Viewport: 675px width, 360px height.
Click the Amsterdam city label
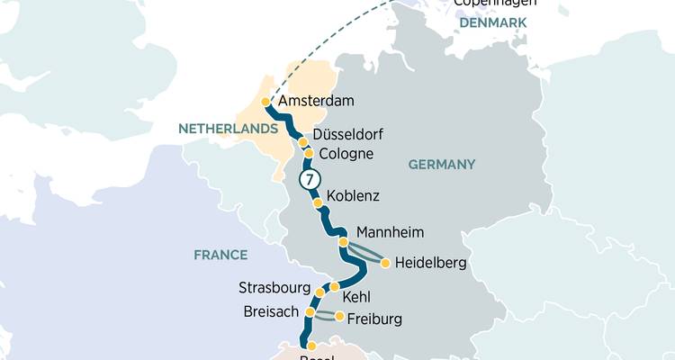point(316,101)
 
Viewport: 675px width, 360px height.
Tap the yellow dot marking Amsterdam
point(265,102)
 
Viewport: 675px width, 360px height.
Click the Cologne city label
point(346,154)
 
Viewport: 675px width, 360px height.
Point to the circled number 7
point(309,180)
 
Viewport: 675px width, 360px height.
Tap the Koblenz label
point(353,195)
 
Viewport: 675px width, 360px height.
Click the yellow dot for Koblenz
point(317,203)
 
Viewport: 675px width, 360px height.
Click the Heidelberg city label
point(430,264)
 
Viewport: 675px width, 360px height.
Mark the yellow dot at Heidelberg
point(386,264)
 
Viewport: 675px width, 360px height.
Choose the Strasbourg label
point(274,288)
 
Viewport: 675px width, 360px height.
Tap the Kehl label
point(356,296)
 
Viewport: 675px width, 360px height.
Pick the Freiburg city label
point(373,319)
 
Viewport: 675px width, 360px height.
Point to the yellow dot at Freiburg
point(339,316)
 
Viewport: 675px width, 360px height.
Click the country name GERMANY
point(441,165)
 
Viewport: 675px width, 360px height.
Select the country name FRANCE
point(220,255)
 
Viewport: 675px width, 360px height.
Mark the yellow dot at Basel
point(311,346)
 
